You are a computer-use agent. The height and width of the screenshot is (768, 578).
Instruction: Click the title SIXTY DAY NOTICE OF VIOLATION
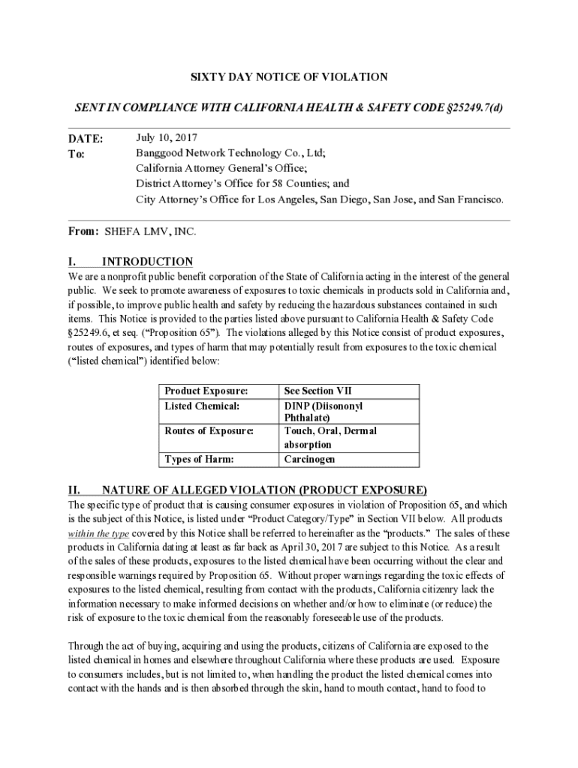point(288,77)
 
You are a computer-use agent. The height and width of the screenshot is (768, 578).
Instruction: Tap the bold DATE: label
point(86,139)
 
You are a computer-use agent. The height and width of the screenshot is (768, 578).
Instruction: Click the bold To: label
point(78,154)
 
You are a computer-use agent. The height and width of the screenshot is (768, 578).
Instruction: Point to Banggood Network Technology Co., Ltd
point(230,153)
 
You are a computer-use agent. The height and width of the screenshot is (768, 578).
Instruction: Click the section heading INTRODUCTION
point(147,262)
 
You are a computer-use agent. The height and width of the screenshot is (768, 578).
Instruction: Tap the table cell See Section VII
point(318,391)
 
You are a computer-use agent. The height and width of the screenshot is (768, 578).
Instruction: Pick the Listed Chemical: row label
point(202,406)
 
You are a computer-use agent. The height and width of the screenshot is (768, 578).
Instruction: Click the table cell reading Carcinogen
point(309,459)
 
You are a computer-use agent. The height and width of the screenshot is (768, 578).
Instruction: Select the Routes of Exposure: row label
point(209,431)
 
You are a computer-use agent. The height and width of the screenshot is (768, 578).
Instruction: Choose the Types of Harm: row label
point(199,459)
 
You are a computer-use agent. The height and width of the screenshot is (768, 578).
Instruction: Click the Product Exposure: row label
point(206,391)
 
